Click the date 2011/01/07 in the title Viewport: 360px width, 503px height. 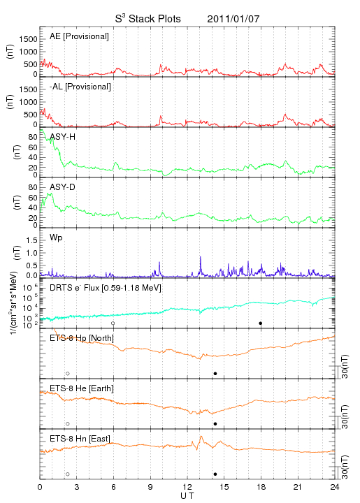point(233,19)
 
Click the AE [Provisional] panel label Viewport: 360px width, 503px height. point(79,36)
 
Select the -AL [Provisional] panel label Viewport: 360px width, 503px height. point(80,87)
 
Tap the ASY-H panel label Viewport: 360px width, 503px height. point(63,137)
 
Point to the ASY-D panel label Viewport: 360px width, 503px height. point(63,187)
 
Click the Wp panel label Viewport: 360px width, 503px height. point(56,238)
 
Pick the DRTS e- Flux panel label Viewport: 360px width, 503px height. point(106,288)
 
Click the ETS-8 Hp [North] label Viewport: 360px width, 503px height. point(82,338)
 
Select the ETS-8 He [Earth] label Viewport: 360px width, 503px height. point(82,388)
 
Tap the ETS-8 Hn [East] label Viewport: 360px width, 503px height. point(80,439)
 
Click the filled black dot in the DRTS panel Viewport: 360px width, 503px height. point(261,323)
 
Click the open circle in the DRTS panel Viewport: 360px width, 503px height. point(113,323)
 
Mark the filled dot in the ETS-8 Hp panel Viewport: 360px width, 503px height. point(215,373)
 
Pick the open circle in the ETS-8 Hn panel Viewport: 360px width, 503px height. point(68,474)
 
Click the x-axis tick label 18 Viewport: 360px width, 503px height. point(261,487)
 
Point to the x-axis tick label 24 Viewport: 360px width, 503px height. point(335,487)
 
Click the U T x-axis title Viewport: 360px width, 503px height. point(187,496)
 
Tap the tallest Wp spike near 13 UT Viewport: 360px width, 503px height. point(201,257)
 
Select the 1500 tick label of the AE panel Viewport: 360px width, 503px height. point(28,39)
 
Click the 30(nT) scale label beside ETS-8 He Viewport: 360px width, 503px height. point(345,416)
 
